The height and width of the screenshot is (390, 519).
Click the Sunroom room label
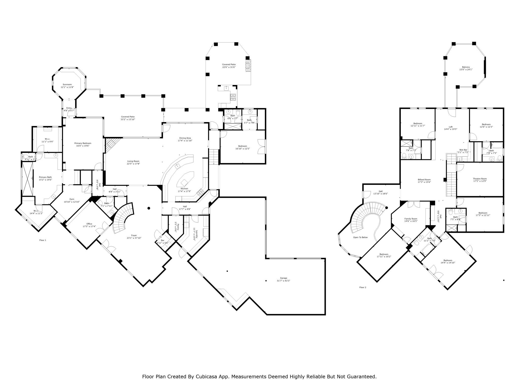coord(67,85)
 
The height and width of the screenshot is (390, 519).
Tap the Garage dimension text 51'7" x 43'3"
coord(283,281)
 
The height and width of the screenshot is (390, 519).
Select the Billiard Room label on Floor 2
coord(424,180)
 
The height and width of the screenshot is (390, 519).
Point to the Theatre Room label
coord(480,178)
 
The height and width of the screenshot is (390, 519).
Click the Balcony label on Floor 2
coord(466,67)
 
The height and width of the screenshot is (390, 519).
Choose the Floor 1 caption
coord(43,240)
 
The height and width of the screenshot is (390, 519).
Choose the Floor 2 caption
coord(363,287)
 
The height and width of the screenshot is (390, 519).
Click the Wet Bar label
coord(463,150)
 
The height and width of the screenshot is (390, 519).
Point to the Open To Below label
coord(360,237)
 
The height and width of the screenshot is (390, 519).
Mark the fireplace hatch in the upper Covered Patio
coord(248,66)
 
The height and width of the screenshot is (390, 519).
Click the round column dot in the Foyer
coord(149,208)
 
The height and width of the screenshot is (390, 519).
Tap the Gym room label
coord(72,199)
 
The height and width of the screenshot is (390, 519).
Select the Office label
coord(89,224)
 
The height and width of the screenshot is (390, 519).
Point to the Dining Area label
coord(185,138)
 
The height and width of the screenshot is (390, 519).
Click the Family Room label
coord(411,219)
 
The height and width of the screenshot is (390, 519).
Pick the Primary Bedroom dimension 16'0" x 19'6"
coord(83,146)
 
